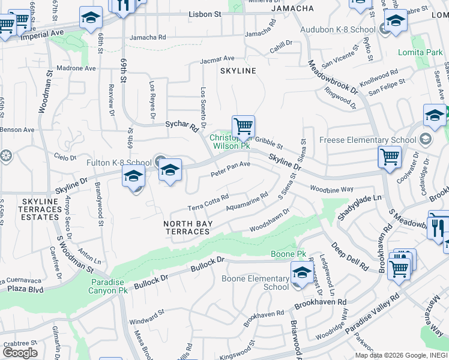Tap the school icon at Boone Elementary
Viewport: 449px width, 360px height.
(x=301, y=273)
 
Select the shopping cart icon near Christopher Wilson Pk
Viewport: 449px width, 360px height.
(x=243, y=127)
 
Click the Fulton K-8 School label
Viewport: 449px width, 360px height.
(x=119, y=163)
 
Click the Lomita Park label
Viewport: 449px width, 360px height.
(x=420, y=53)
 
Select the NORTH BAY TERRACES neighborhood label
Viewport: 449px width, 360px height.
(x=187, y=227)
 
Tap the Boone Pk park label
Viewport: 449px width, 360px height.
(x=285, y=254)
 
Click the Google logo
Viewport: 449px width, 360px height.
(x=20, y=352)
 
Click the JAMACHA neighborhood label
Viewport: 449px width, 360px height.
(x=292, y=8)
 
